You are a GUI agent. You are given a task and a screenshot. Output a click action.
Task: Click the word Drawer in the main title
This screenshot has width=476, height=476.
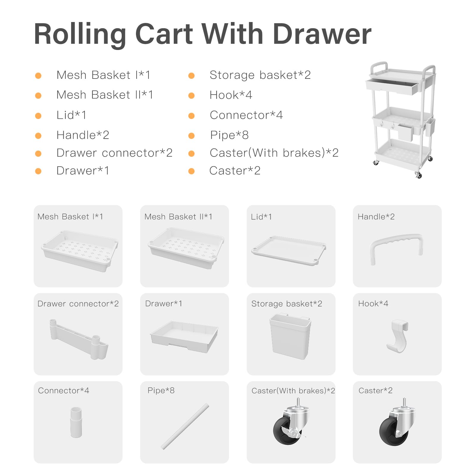click(322, 34)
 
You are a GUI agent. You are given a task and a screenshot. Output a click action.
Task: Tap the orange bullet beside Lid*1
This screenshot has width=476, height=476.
click(38, 116)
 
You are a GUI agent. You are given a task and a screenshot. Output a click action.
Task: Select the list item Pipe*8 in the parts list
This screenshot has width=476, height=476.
click(229, 135)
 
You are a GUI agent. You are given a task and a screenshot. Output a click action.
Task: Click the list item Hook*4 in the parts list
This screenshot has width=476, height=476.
click(231, 95)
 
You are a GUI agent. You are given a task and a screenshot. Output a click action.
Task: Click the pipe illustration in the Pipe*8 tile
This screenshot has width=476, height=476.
click(185, 426)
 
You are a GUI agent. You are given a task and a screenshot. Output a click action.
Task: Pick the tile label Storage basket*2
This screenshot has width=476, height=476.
click(287, 304)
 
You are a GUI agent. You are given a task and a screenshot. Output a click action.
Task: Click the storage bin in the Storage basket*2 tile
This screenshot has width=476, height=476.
click(290, 336)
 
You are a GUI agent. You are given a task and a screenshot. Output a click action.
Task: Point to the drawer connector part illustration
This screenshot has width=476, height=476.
click(79, 339)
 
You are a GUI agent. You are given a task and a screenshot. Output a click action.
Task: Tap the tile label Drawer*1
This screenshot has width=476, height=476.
click(164, 304)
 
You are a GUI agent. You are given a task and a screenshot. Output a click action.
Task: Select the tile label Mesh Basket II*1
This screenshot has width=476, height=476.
click(178, 217)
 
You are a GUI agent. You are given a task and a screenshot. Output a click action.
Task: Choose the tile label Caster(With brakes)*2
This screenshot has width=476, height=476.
click(293, 391)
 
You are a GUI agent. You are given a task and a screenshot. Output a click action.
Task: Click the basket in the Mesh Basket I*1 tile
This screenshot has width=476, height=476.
click(80, 251)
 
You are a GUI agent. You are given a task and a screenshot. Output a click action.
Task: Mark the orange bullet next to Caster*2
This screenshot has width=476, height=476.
click(192, 171)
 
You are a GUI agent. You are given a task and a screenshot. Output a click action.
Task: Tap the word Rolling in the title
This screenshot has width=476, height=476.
click(80, 35)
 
